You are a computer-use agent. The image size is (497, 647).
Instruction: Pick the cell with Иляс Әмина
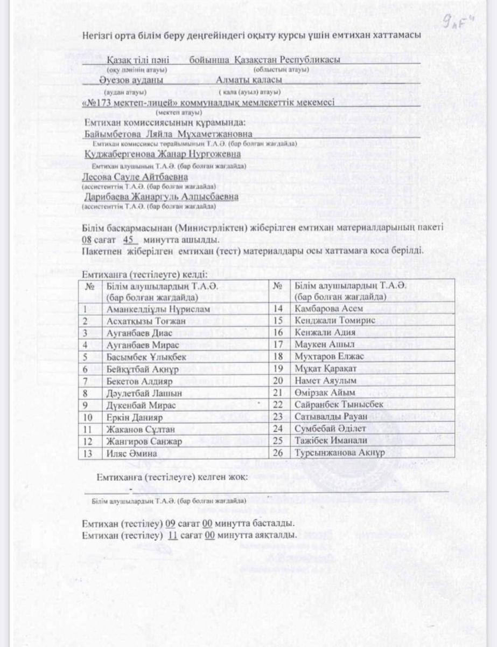point(132,453)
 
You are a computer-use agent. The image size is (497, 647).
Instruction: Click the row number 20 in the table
point(278,381)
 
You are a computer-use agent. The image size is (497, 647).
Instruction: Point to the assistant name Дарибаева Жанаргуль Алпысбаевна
point(161,197)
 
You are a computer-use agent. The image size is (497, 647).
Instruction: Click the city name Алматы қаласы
point(242,80)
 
